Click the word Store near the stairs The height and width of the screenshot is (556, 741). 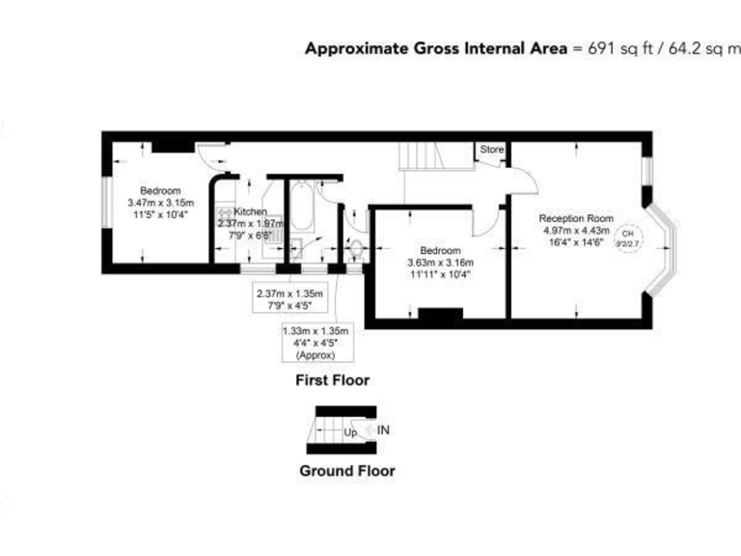[x=492, y=150]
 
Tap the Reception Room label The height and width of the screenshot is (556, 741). [x=576, y=217]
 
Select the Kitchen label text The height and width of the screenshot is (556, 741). [x=249, y=211]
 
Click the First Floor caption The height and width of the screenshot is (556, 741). [x=332, y=380]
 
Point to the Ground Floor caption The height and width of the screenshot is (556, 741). [x=345, y=472]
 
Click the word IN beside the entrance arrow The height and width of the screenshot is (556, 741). [x=384, y=431]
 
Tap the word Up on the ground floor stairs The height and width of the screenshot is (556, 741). [x=351, y=432]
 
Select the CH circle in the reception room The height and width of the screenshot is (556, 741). [x=628, y=235]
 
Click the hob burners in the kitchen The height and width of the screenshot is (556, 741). [x=224, y=211]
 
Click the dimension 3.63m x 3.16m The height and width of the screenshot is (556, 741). [x=439, y=262]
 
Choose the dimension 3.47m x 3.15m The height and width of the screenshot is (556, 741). [x=160, y=203]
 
